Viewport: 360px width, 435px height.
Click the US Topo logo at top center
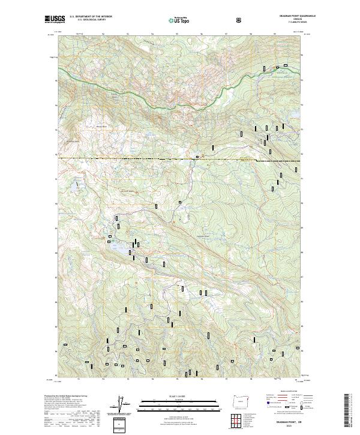click(x=178, y=20)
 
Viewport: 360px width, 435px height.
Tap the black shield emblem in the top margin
click(x=240, y=19)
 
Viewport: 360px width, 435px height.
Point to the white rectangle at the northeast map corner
click(x=286, y=65)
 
